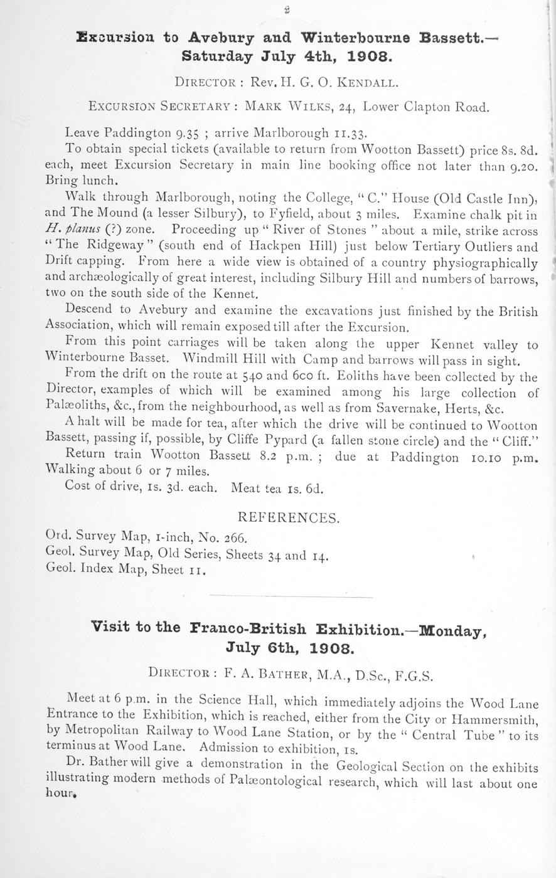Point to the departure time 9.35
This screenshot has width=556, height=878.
coord(190,133)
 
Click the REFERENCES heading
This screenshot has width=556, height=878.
coord(289,518)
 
